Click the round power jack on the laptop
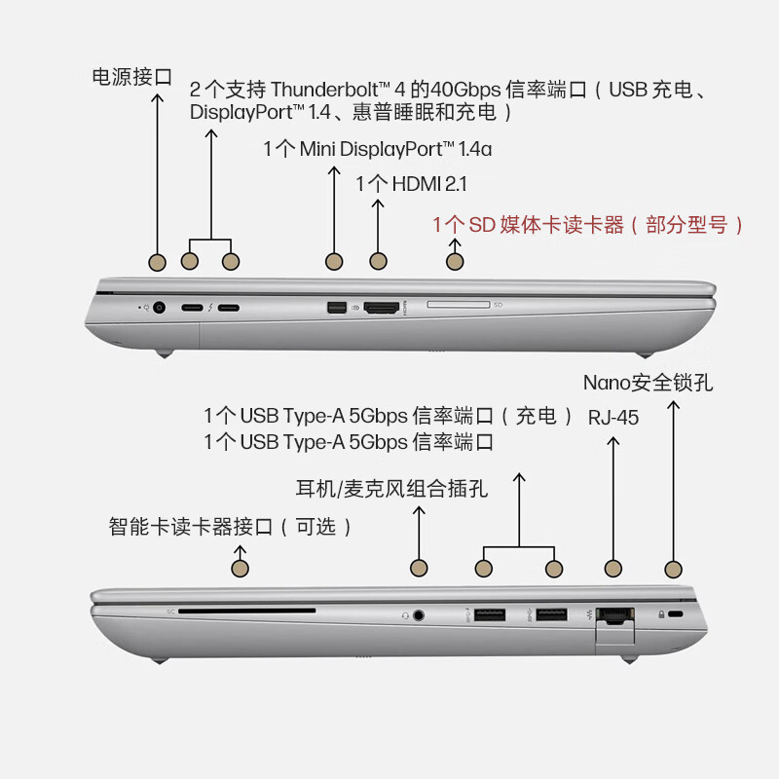(x=159, y=308)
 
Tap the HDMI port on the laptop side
(x=382, y=308)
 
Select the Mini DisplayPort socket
(x=336, y=308)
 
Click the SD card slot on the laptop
(x=458, y=304)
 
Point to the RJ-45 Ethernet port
(x=614, y=616)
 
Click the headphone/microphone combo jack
(x=419, y=615)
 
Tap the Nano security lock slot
(x=675, y=614)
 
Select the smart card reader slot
(x=247, y=611)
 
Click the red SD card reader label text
(x=587, y=225)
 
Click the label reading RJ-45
(x=613, y=418)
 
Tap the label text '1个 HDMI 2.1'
(x=411, y=184)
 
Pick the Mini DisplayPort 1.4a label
(x=378, y=149)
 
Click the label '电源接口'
(x=132, y=77)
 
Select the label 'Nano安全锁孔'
(x=648, y=383)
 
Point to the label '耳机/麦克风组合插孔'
(x=391, y=489)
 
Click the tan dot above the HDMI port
(x=378, y=261)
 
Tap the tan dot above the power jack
(x=158, y=262)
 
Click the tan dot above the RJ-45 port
(x=613, y=569)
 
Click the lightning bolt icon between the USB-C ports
(x=210, y=308)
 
